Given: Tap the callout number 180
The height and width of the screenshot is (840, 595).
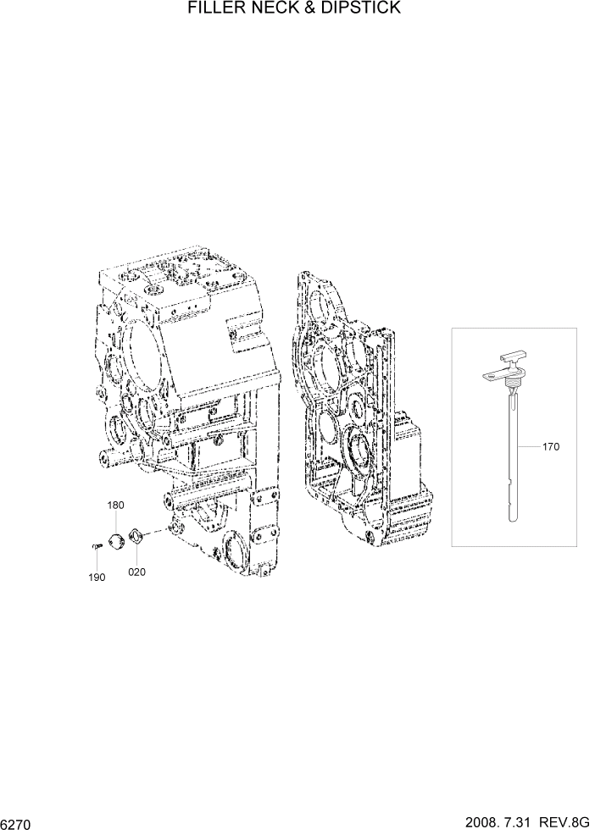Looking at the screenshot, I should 115,506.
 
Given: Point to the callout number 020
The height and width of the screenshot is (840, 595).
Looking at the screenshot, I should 136,572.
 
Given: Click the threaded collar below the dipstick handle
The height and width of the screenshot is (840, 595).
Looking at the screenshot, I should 512,387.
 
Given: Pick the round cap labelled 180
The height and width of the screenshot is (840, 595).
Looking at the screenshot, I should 116,539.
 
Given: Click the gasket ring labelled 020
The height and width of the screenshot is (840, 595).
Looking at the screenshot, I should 135,537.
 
